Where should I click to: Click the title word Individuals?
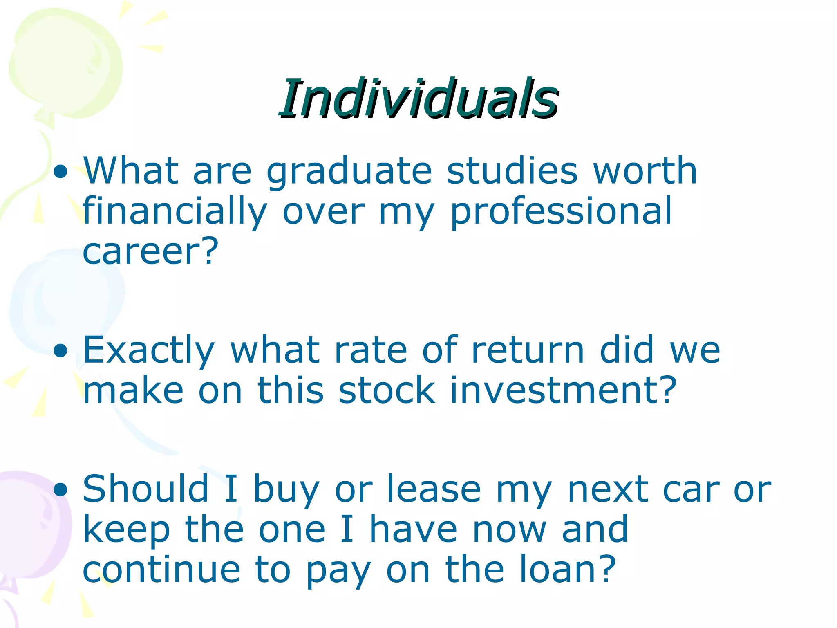pos(418,99)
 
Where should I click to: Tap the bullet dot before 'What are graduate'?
pos(60,172)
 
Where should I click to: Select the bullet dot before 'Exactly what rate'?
pos(60,351)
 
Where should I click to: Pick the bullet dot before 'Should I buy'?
pos(60,489)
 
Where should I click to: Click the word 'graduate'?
pos(349,172)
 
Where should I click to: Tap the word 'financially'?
pos(175,212)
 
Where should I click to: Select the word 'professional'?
pos(561,212)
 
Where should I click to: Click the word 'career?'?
pos(150,251)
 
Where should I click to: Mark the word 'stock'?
pos(387,390)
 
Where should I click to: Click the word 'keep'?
pos(126,530)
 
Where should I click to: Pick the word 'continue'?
pos(161,570)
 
